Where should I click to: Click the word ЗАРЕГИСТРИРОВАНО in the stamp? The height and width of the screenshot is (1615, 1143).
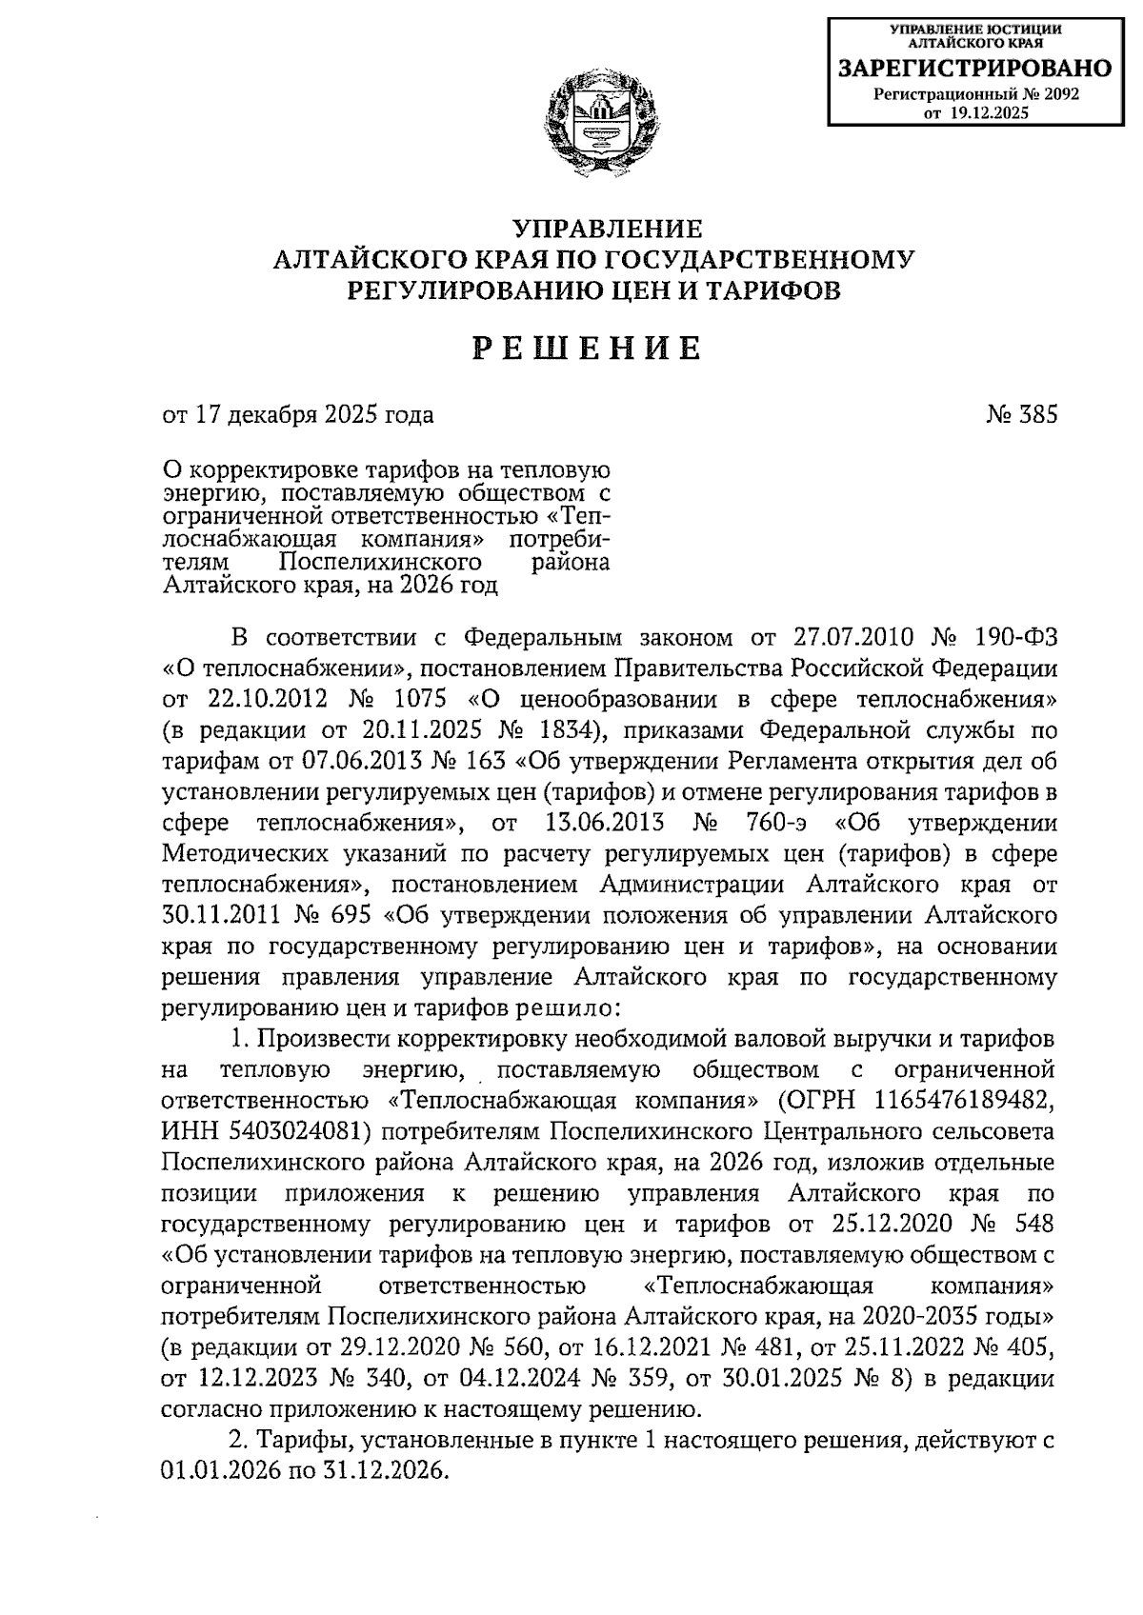973,69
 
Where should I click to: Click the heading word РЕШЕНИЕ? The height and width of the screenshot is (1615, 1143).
588,349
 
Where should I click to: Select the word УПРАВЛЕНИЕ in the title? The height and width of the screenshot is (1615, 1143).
608,229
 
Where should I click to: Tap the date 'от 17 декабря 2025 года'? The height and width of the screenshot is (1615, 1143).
297,415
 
